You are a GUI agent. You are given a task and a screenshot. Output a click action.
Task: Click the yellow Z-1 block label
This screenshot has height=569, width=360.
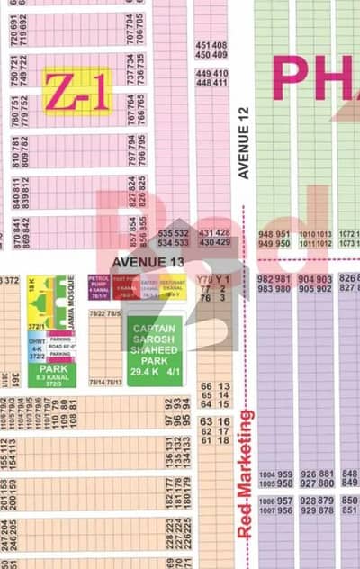pos(79,91)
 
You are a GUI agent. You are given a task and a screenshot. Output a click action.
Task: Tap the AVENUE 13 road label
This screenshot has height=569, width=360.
pos(148,262)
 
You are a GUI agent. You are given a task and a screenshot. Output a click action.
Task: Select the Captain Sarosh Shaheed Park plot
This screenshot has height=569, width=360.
pos(155,349)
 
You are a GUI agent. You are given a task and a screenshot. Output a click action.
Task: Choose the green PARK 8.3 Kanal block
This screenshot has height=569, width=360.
pos(58,374)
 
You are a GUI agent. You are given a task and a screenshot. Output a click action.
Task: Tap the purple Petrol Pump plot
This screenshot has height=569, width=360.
pos(99,287)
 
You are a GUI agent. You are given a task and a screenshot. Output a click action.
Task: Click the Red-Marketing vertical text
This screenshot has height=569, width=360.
pos(245,474)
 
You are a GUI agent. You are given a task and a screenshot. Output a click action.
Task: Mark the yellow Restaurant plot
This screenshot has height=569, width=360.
pos(173,287)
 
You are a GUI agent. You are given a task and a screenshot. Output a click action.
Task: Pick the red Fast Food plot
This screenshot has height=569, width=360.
pos(124,287)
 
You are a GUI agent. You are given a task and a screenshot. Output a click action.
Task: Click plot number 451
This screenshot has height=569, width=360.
pos(203,45)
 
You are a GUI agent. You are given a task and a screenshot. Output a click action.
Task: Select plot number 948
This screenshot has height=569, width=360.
pos(266,234)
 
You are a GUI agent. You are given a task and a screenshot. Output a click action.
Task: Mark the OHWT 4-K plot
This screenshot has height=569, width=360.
pos(37,345)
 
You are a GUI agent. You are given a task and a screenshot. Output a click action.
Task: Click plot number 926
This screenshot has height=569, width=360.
pos(308,474)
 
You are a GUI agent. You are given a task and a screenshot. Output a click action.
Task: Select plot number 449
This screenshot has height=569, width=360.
pos(203,74)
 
